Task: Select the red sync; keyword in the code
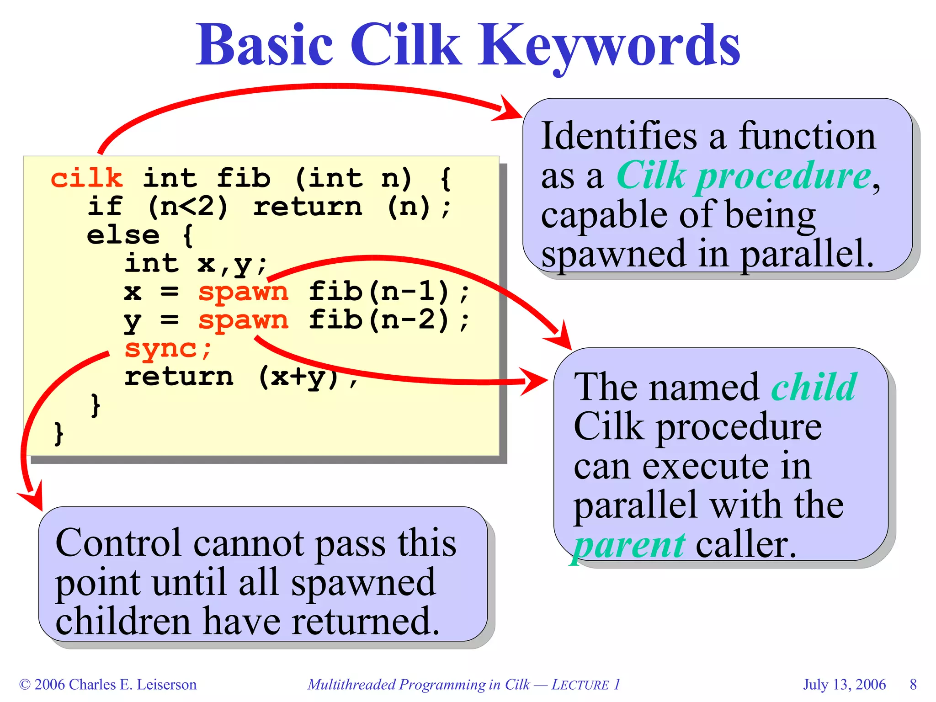(x=168, y=349)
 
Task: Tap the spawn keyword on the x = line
(x=243, y=292)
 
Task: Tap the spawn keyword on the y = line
(x=243, y=320)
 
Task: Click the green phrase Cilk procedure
(x=744, y=176)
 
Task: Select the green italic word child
(x=814, y=387)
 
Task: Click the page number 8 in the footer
(x=913, y=684)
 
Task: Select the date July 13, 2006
(x=844, y=684)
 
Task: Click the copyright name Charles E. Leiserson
(x=133, y=684)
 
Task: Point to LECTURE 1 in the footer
(x=585, y=684)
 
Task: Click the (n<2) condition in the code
(x=187, y=207)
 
